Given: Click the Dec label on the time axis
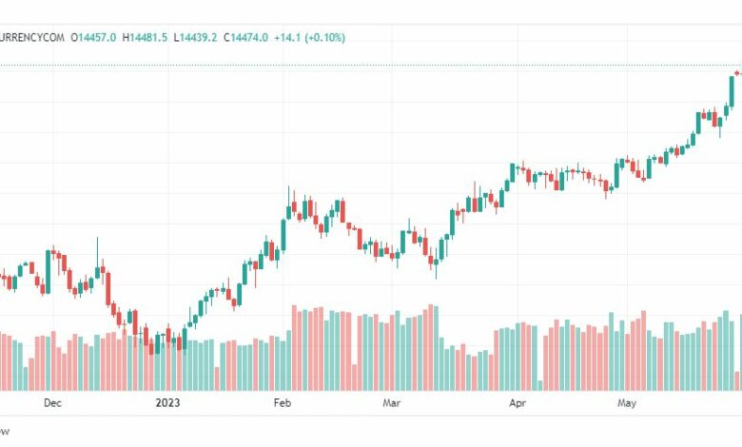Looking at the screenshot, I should (x=52, y=403).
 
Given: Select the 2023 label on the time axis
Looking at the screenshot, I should (x=167, y=403).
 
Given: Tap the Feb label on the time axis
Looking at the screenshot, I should (x=282, y=403).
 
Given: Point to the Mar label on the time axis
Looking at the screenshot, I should (x=391, y=403).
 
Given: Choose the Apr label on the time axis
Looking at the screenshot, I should (x=517, y=403).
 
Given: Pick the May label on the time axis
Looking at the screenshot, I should (x=626, y=403).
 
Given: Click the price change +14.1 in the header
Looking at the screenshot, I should (x=288, y=37).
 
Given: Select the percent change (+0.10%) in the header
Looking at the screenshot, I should (x=325, y=37).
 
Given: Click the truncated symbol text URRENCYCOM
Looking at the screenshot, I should (x=32, y=37).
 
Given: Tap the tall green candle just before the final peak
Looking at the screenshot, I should (x=732, y=89).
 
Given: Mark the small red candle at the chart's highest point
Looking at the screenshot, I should (x=738, y=73).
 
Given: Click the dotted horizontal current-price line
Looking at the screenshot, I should (x=381, y=65).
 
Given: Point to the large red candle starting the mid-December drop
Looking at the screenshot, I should (x=107, y=283).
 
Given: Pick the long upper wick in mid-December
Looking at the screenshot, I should (x=97, y=249).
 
